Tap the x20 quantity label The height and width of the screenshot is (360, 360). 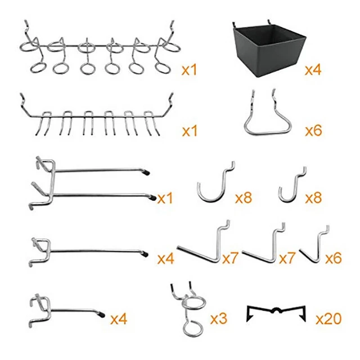328,319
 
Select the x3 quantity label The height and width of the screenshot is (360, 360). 219,319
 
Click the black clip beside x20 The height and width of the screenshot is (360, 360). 276,313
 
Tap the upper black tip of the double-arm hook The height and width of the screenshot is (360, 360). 147,170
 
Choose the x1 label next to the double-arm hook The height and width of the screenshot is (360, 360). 165,198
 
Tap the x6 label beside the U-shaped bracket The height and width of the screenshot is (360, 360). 313,131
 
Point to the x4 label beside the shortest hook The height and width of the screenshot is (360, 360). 119,319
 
